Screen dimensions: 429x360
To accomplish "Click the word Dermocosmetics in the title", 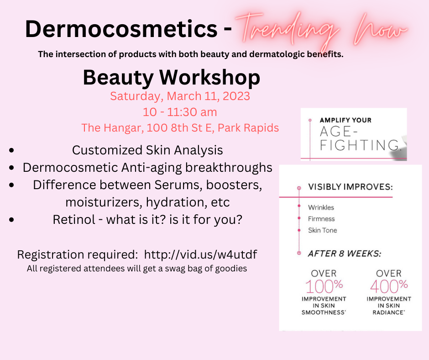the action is tap(121, 29).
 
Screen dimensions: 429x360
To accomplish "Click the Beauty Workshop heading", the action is tap(172, 77).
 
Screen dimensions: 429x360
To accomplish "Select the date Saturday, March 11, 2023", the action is tap(180, 96).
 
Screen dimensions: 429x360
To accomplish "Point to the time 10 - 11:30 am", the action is tap(180, 112).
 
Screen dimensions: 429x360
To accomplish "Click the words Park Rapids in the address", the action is tap(248, 128).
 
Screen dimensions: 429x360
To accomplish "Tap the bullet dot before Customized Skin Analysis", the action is tap(11, 150).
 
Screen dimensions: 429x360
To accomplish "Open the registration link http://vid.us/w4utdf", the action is tap(200, 254).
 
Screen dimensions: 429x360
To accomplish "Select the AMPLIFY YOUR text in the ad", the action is tap(345, 120).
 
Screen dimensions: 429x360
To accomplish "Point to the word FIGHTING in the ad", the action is tap(360, 145).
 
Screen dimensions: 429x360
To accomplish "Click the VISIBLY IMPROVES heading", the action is tap(351, 187).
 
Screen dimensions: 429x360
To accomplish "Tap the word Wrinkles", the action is tap(321, 207).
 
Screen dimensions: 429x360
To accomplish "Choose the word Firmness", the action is tap(321, 219).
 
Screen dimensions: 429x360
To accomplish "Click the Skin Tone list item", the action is tap(322, 230).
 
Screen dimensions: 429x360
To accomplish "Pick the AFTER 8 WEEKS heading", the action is tap(345, 254).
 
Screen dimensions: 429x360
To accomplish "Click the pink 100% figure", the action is tap(324, 286).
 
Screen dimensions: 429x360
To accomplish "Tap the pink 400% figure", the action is tap(389, 286).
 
